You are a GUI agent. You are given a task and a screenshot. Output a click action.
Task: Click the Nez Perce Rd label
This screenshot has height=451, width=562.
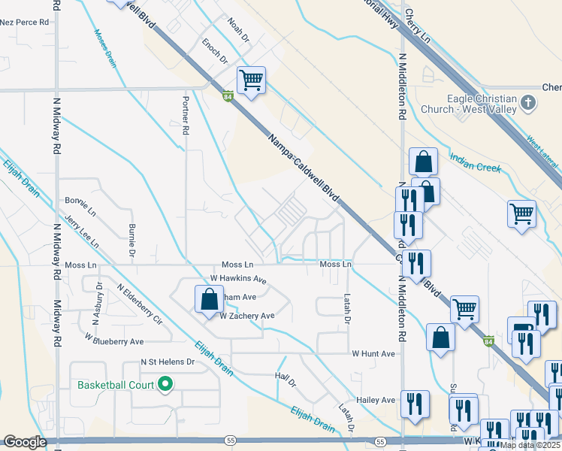[x=24, y=23]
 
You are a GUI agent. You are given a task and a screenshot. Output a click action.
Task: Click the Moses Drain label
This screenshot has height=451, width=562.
[x=105, y=47]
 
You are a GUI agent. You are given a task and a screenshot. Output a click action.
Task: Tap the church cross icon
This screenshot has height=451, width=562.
[x=528, y=102]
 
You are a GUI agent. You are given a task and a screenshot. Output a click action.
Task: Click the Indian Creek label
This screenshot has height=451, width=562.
[x=475, y=163]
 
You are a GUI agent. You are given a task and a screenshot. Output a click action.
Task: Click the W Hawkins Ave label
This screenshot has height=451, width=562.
[x=239, y=280]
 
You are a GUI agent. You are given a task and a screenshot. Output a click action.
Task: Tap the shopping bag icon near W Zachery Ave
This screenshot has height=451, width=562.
[x=208, y=300]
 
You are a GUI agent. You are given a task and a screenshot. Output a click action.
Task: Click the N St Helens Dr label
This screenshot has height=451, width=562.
[x=168, y=362]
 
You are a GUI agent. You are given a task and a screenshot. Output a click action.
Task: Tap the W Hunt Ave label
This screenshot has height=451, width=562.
[x=373, y=353]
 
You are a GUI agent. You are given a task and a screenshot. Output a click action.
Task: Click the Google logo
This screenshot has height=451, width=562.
[x=25, y=442]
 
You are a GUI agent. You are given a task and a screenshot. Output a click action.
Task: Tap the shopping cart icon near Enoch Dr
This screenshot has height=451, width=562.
[x=251, y=80]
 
